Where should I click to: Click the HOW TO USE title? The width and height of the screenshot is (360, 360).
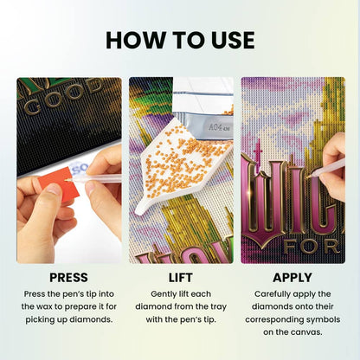[x=180, y=40]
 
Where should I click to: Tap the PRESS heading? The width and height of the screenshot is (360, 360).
[x=68, y=278]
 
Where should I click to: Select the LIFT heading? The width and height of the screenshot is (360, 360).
[x=180, y=278]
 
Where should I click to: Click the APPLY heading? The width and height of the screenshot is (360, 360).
[x=292, y=278]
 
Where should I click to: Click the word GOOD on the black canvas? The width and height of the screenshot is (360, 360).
[x=65, y=97]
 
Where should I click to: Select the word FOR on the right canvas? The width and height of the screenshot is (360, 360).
[x=311, y=247]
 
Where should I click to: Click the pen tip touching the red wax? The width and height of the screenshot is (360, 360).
[x=67, y=180]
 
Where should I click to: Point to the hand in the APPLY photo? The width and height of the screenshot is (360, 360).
[x=335, y=167]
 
